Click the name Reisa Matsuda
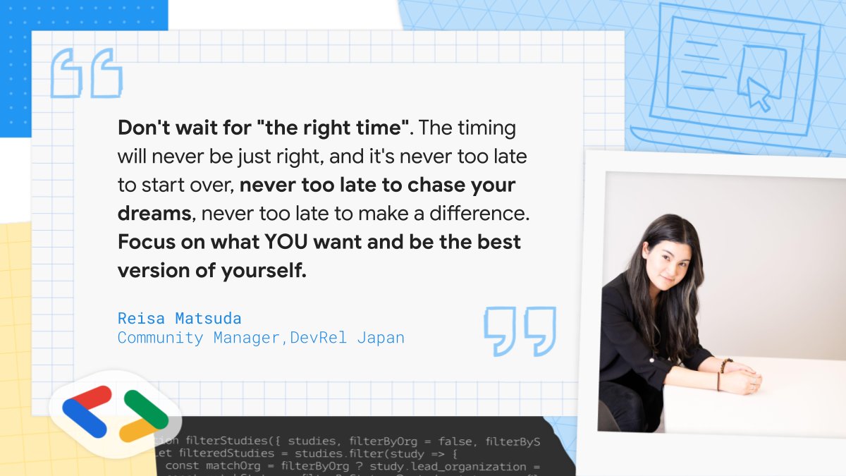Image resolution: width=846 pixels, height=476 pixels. tap(179, 319)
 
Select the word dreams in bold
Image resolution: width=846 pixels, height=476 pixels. tap(154, 214)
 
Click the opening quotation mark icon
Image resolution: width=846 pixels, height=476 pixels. tap(87, 73)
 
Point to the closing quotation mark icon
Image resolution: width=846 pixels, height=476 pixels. tap(520, 330)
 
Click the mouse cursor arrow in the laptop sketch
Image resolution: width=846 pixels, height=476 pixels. tap(758, 94)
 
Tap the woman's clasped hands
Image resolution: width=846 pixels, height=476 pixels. tap(741, 381)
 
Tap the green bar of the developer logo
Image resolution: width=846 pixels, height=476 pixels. tap(146, 408)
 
